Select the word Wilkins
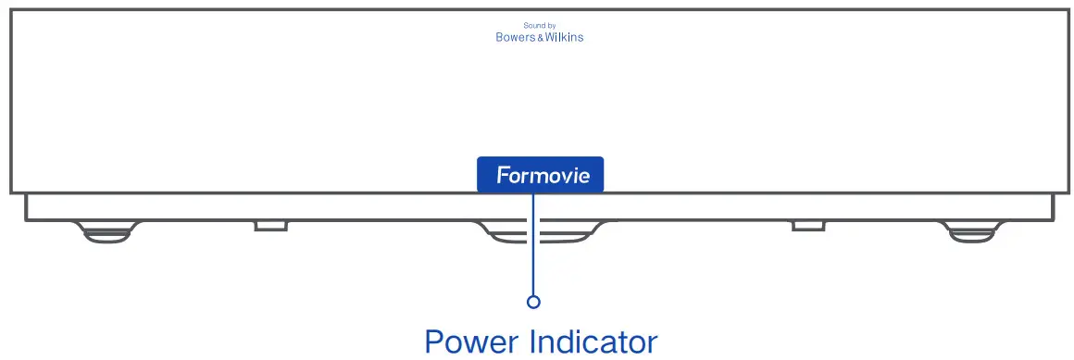[x=565, y=38]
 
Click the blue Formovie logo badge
[x=540, y=174]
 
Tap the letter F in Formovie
[x=503, y=175]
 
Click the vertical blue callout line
[x=533, y=250]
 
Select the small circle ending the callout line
[x=533, y=302]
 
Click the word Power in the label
[x=471, y=341]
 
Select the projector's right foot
[x=974, y=232]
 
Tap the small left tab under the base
[x=270, y=226]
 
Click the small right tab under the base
[x=808, y=226]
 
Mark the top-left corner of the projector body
[x=11, y=10]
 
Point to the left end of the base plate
[x=28, y=208]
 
